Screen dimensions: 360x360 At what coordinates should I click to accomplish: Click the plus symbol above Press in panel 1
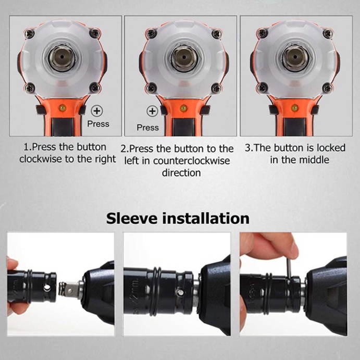pyautogui.click(x=96, y=111)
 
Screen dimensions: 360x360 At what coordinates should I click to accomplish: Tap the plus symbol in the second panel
pyautogui.click(x=152, y=111)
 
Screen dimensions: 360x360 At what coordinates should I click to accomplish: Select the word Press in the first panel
pyautogui.click(x=98, y=123)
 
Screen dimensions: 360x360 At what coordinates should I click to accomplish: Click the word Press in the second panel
pyautogui.click(x=147, y=127)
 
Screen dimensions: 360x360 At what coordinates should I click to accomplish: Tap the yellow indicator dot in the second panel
pyautogui.click(x=183, y=108)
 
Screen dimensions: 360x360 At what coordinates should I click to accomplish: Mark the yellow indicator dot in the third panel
pyautogui.click(x=295, y=108)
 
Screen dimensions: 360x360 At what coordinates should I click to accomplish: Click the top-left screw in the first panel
pyautogui.click(x=30, y=34)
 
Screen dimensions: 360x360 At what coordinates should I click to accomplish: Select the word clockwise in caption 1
pyautogui.click(x=41, y=159)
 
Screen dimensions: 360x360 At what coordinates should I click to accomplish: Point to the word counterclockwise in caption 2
pyautogui.click(x=192, y=160)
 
